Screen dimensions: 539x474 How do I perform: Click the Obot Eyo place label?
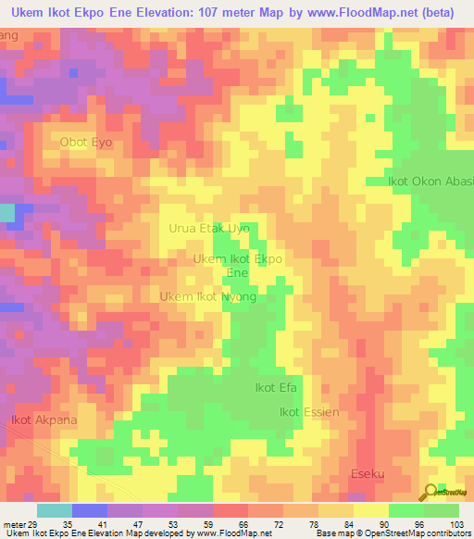click(x=86, y=143)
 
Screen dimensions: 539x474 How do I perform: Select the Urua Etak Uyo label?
click(x=209, y=228)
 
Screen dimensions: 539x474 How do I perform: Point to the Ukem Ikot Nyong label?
click(x=207, y=297)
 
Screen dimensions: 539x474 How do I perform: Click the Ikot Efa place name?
click(x=275, y=388)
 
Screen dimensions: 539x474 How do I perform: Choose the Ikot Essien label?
click(x=310, y=412)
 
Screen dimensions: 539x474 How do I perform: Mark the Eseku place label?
click(x=368, y=474)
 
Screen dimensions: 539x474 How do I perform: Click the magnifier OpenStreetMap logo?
click(x=430, y=492)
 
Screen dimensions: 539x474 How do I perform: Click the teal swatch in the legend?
click(x=54, y=510)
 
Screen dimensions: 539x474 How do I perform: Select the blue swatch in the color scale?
click(x=90, y=510)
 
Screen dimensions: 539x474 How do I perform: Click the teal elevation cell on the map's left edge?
click(x=6, y=212)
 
